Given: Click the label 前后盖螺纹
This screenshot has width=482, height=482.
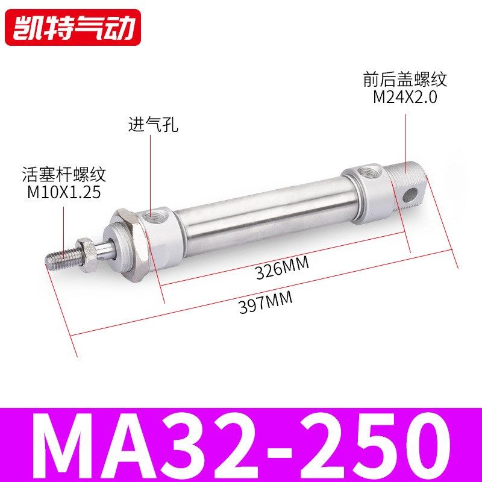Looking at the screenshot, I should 405,80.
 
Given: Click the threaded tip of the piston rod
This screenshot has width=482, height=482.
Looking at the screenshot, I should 61,255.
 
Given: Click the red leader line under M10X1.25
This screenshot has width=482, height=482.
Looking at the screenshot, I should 64,226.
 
